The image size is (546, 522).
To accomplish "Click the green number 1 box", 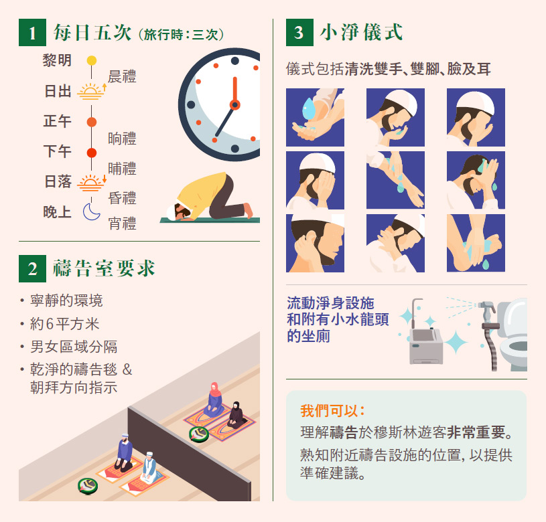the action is pos(32,32).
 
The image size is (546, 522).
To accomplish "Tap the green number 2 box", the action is pos(32,268).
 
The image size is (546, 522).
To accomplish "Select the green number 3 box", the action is pos(299,32).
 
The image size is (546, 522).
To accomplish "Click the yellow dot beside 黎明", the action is pos(92,60).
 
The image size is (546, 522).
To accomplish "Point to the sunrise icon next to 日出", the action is pos(92,92).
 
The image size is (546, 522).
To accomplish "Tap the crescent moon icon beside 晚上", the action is pos(91,211).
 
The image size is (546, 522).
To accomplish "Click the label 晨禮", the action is pos(122,76).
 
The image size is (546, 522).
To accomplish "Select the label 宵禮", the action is pos(122,224).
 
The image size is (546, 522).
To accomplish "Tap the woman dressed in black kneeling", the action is pos(236,415).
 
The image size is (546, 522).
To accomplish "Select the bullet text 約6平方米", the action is pos(65,324).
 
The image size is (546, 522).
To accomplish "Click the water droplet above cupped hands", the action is pos(309,108).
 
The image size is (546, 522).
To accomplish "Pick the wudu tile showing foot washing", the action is pos(476,243).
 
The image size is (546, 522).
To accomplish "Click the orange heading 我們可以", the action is pos(332,411).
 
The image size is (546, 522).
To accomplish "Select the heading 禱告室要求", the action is pos(104,268).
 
